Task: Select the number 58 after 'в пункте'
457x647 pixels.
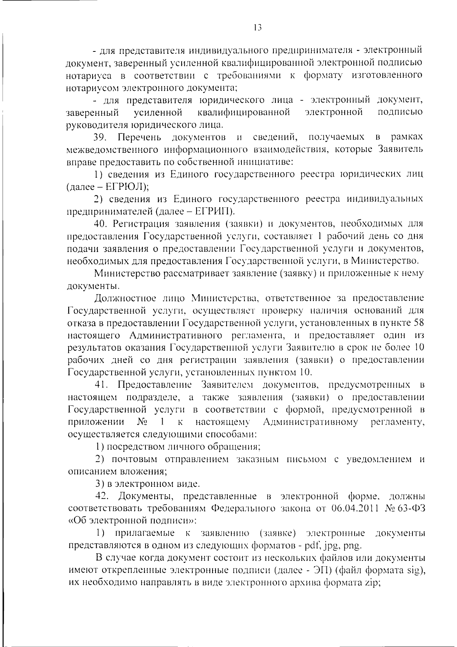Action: pyautogui.click(x=418, y=323)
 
